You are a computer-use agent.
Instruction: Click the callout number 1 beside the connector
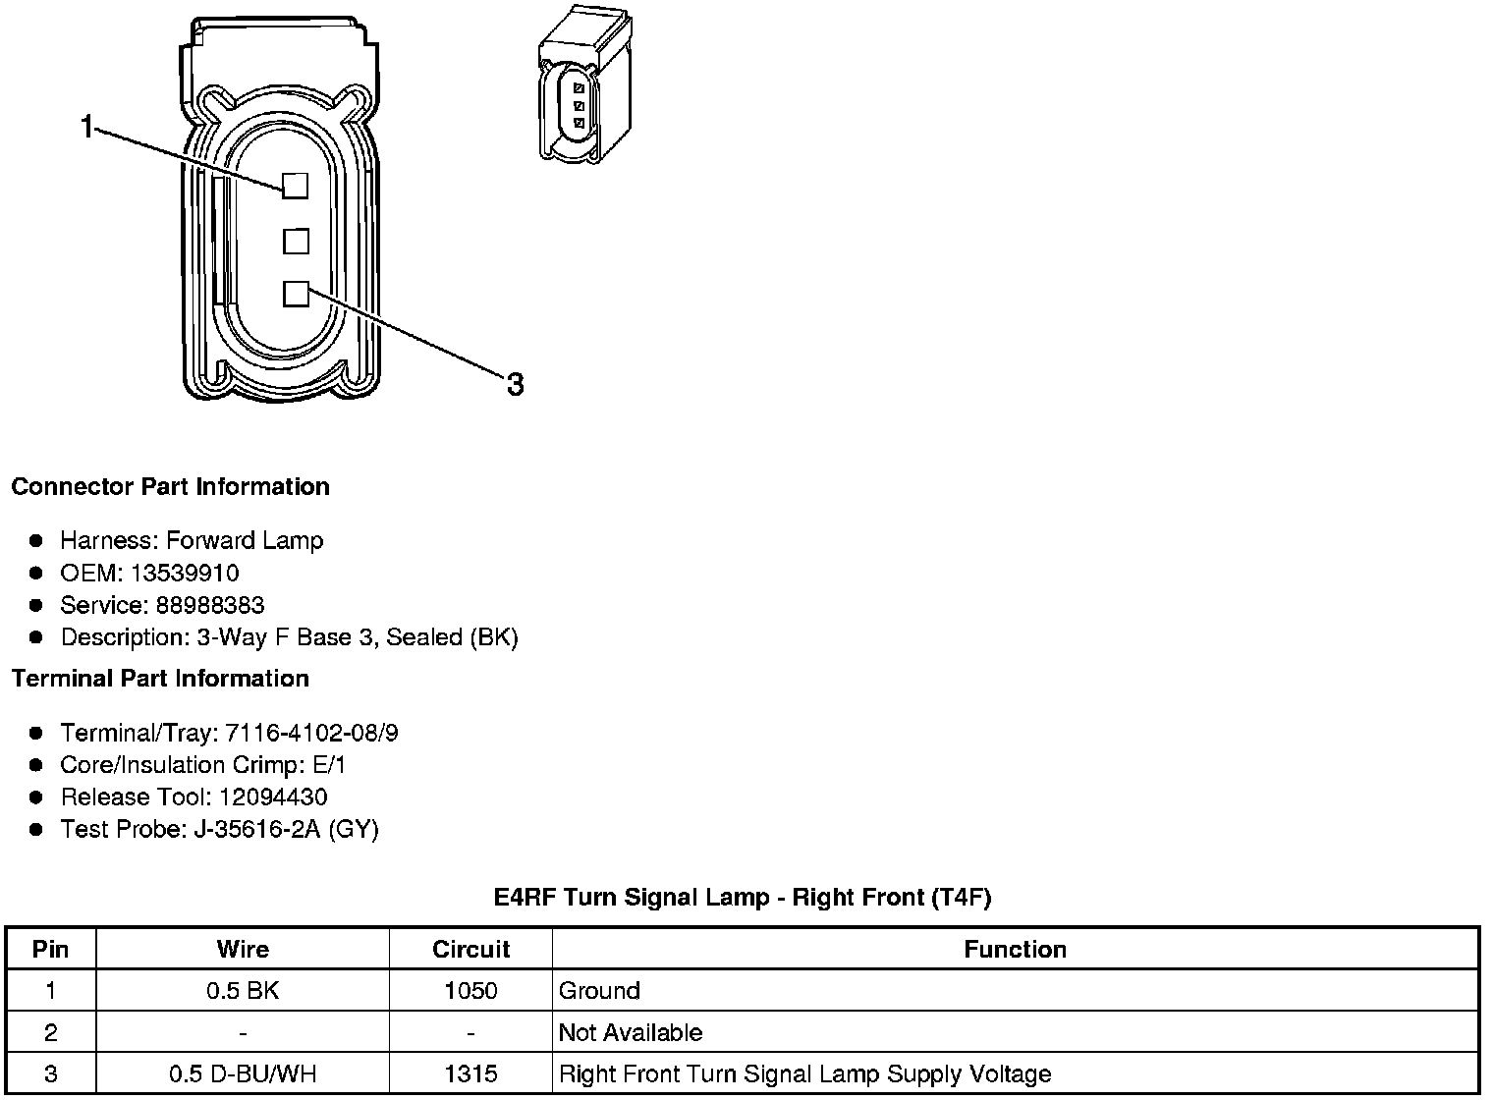tap(87, 127)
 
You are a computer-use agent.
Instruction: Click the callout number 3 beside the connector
tap(515, 384)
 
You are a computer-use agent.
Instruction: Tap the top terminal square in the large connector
tap(296, 186)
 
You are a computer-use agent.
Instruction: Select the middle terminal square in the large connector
tap(296, 241)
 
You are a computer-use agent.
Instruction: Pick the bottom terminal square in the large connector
tap(296, 294)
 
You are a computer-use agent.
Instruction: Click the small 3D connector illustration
tap(583, 84)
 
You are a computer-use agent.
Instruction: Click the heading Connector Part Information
tap(170, 487)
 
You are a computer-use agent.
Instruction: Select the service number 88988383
tap(210, 605)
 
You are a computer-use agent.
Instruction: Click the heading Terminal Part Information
tap(160, 679)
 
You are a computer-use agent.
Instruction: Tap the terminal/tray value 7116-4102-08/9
tap(311, 733)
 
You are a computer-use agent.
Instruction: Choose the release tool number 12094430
tap(273, 797)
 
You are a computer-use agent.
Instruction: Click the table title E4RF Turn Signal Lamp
tap(742, 897)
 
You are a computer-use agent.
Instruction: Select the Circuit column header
tap(470, 949)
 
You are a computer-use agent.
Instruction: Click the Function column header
tap(1015, 949)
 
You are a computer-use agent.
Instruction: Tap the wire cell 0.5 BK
tap(243, 991)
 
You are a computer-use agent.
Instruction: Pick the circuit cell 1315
tap(470, 1073)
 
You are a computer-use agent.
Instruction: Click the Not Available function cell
tap(631, 1032)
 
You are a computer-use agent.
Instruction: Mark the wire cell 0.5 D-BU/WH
tap(243, 1073)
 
